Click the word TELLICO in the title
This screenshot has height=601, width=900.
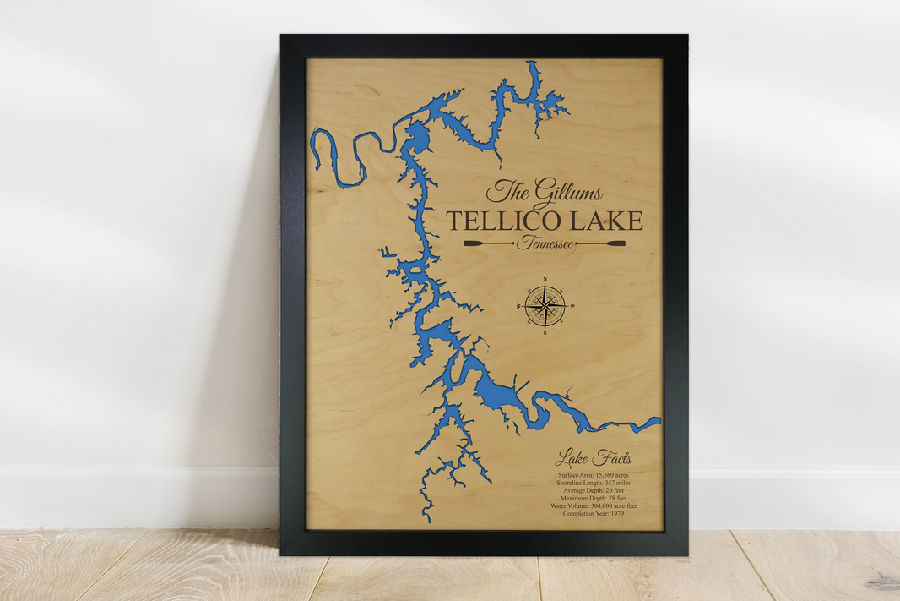(496, 221)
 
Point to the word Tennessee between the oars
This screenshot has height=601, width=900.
(545, 244)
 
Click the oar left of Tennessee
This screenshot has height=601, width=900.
(488, 244)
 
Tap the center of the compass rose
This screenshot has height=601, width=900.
(545, 304)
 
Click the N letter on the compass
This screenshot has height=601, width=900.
(545, 279)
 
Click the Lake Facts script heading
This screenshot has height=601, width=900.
(593, 459)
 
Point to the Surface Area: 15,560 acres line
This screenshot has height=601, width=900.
(593, 476)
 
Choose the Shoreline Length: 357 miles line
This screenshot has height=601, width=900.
(593, 484)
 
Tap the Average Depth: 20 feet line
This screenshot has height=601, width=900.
(593, 491)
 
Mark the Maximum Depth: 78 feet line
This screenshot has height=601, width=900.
(593, 499)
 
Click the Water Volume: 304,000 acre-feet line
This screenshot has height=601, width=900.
(593, 506)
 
